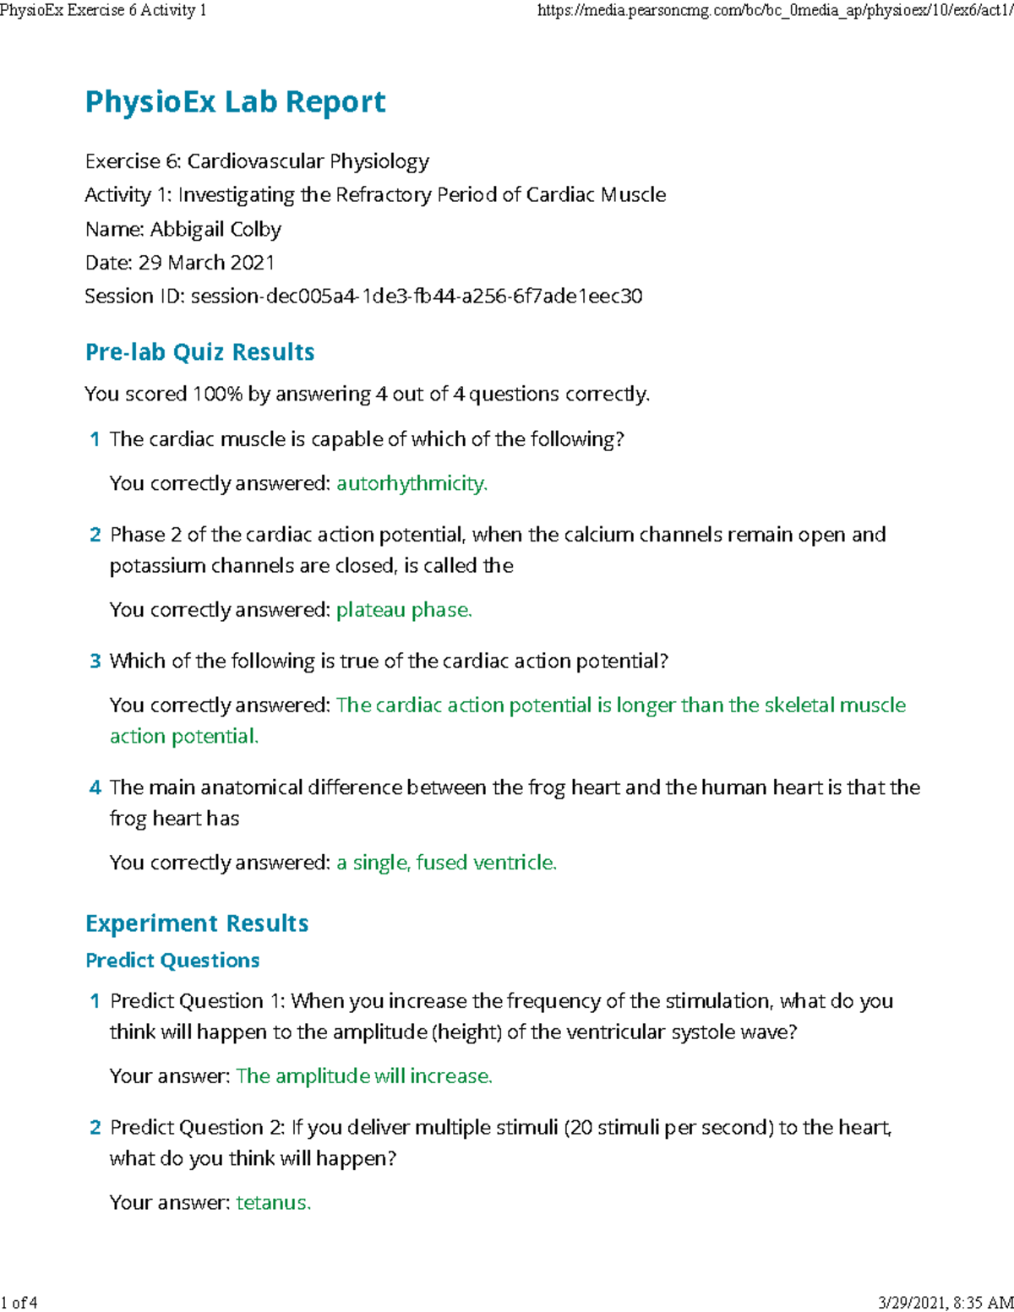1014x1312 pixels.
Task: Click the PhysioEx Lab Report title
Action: point(235,102)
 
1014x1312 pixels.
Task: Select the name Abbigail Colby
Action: point(215,229)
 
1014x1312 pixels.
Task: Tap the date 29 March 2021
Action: point(206,263)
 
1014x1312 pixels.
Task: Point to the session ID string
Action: point(417,297)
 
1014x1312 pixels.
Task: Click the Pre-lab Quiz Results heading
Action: point(199,352)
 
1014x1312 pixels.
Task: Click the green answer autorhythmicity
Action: point(412,483)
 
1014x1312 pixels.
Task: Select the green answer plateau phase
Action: point(404,610)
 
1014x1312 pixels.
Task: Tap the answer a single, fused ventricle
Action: point(446,863)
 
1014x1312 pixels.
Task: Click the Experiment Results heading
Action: point(197,923)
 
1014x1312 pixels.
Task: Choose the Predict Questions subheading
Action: point(172,961)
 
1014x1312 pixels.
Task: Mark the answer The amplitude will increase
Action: point(364,1076)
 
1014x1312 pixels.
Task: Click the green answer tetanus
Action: point(273,1203)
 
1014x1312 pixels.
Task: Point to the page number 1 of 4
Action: point(19,1302)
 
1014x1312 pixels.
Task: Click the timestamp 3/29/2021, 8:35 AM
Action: point(945,1302)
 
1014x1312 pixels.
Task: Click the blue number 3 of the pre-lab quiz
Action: point(95,661)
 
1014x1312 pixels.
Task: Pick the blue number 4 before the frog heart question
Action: point(95,788)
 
